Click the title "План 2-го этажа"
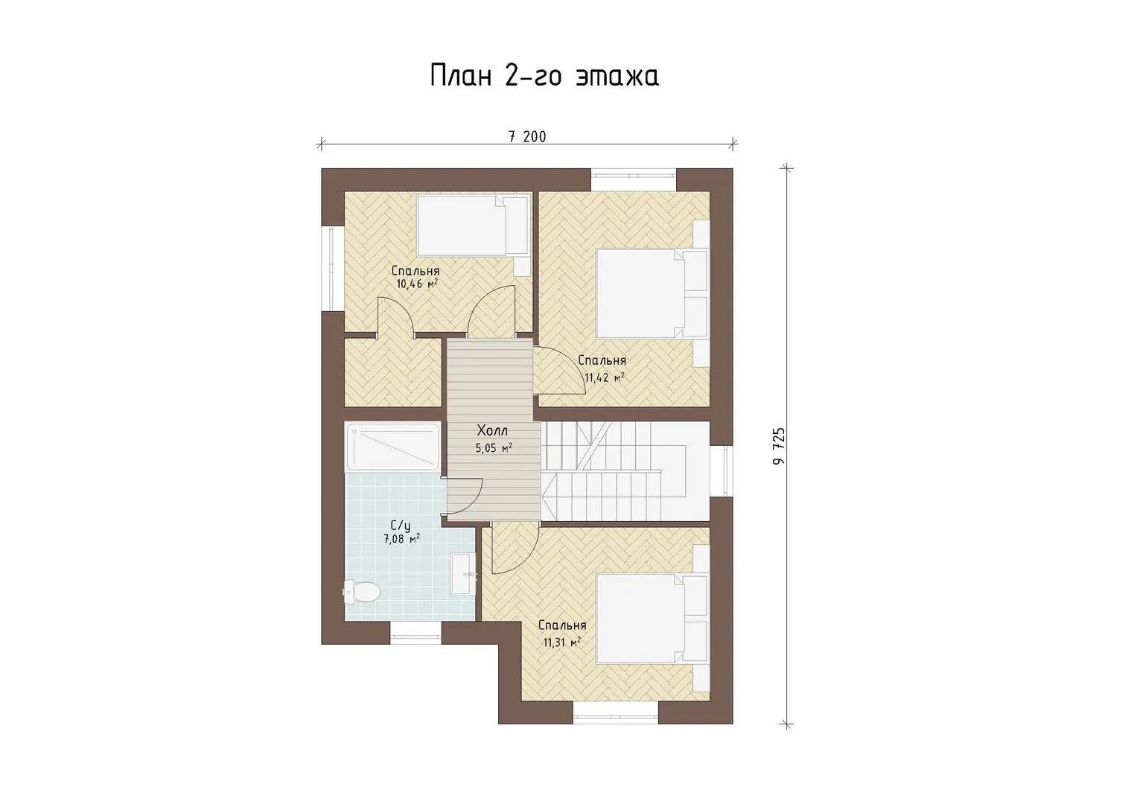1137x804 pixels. tap(544, 76)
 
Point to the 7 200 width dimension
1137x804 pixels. tap(527, 136)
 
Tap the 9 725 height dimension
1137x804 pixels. tap(779, 446)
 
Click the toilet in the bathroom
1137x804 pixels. tap(363, 592)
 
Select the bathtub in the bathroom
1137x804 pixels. tap(393, 447)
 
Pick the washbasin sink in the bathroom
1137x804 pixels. tap(462, 573)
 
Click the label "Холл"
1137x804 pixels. tap(492, 431)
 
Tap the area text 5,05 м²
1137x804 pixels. tap(494, 448)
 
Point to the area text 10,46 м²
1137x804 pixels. tap(417, 284)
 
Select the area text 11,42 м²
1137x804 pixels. tap(604, 377)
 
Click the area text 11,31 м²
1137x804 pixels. tap(562, 642)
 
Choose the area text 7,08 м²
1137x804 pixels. tap(401, 539)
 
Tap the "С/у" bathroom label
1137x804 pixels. tap(401, 524)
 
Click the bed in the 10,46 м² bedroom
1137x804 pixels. tap(472, 226)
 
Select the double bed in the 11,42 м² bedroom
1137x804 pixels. tap(652, 294)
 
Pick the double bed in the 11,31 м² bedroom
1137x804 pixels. tap(652, 618)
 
